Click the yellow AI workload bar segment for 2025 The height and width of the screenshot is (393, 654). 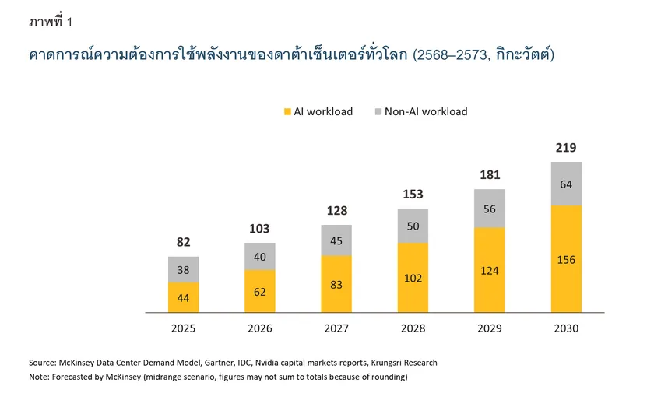(x=184, y=297)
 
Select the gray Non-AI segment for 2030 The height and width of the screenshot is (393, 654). (x=566, y=184)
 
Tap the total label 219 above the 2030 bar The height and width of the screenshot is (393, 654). (x=566, y=148)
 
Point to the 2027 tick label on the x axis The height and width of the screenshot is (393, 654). (x=336, y=328)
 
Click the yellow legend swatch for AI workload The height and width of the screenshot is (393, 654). (x=287, y=111)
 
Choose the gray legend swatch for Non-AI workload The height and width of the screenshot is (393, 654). (x=378, y=111)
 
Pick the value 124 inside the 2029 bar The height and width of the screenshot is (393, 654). (x=489, y=271)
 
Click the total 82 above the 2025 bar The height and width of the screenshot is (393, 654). (x=184, y=242)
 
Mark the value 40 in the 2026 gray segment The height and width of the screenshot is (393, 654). (x=260, y=257)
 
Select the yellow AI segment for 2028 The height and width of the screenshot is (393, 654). (x=413, y=277)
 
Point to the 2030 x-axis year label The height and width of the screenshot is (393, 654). (x=566, y=328)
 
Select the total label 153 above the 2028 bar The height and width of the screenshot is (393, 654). (x=413, y=194)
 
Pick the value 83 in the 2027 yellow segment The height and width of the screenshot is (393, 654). (x=336, y=285)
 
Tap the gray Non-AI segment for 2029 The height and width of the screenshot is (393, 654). (x=489, y=209)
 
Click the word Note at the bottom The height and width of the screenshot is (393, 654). (x=40, y=377)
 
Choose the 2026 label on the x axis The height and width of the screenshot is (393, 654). (x=260, y=328)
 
